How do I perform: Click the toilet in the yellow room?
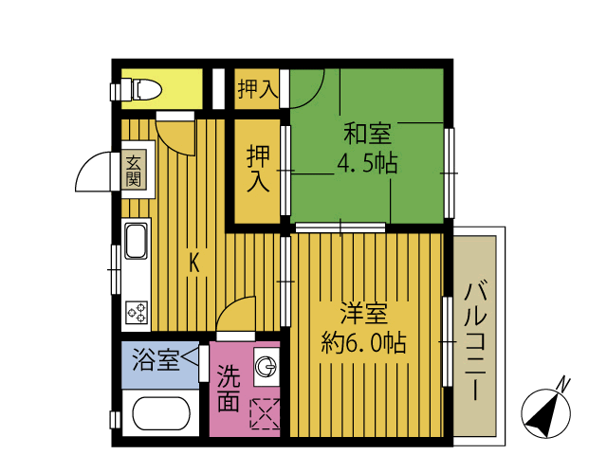pyautogui.click(x=142, y=90)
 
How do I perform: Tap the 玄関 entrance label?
pyautogui.click(x=134, y=172)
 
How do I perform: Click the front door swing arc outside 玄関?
pyautogui.click(x=95, y=173)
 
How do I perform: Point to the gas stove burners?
pyautogui.click(x=136, y=310)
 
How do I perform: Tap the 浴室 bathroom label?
pyautogui.click(x=156, y=360)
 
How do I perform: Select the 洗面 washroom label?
pyautogui.click(x=228, y=389)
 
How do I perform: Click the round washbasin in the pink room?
pyautogui.click(x=267, y=367)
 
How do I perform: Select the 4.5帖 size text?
pyautogui.click(x=366, y=162)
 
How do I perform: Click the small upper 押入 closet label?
pyautogui.click(x=257, y=90)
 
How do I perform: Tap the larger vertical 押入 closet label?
pyautogui.click(x=258, y=168)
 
